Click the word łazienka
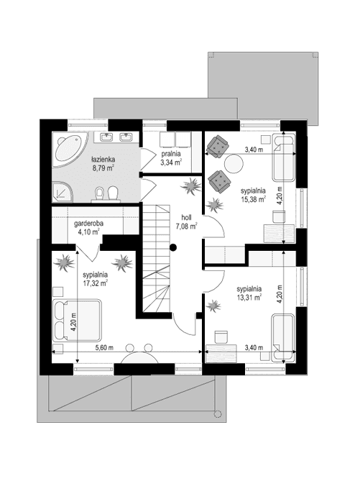[x=104, y=158]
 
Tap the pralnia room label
[x=170, y=154]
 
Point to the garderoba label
[x=89, y=224]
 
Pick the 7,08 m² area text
[x=185, y=225]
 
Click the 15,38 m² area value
[x=253, y=199]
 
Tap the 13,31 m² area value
[x=249, y=295]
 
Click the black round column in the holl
[x=173, y=248]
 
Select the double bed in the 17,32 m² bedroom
[x=79, y=319]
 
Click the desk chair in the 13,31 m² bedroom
[x=221, y=336]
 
